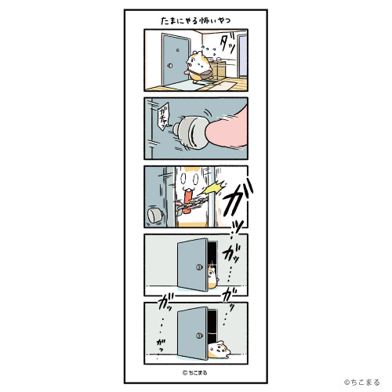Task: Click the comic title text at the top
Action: pos(196,21)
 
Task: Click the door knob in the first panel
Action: pos(170,66)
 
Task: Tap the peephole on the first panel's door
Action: pos(178,49)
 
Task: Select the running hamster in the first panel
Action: pos(198,67)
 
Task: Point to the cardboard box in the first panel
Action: pos(219,70)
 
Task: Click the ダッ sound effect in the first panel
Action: pos(228,44)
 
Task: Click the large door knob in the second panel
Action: pos(190,132)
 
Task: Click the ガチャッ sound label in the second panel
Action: pos(162,117)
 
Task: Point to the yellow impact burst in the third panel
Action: pos(213,188)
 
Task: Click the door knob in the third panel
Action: pos(155,216)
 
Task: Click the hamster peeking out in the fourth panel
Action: pos(212,277)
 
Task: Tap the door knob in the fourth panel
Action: pos(199,267)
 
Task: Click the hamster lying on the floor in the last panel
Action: pos(220,349)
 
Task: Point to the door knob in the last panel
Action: pos(199,336)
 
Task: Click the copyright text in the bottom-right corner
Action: pos(361,383)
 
